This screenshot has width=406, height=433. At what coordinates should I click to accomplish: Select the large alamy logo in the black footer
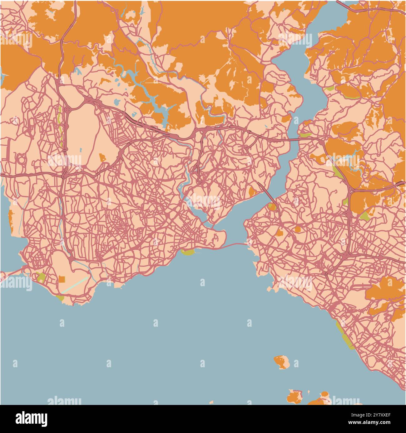(x=31, y=418)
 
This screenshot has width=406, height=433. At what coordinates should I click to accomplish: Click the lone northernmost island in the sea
(x=282, y=362)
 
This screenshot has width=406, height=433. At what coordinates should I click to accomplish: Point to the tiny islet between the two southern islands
(x=309, y=392)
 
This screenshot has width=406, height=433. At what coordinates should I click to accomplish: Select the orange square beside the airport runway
(x=62, y=279)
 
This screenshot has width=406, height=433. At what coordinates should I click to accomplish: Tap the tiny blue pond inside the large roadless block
(x=81, y=150)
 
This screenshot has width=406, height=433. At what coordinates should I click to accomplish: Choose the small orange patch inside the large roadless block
(x=102, y=157)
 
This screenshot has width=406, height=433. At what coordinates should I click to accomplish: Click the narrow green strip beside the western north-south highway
(x=61, y=125)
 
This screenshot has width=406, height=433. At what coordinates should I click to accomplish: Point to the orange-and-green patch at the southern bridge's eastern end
(x=272, y=207)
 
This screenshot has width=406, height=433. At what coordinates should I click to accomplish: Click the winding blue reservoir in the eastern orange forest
(x=355, y=162)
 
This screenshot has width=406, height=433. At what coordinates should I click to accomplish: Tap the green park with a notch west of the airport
(x=41, y=277)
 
